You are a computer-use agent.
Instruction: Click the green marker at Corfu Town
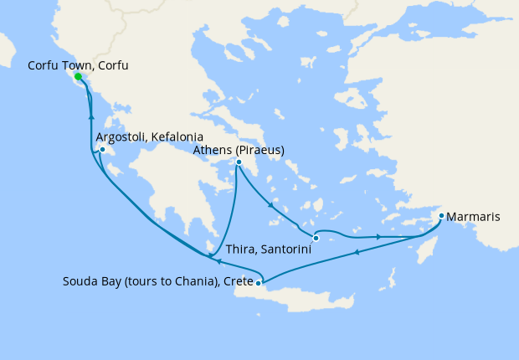pyautogui.click(x=78, y=77)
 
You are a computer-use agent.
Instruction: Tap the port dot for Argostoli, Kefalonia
pyautogui.click(x=102, y=151)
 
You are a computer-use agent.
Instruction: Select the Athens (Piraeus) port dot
pyautogui.click(x=239, y=162)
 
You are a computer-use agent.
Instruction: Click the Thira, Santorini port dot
pyautogui.click(x=316, y=239)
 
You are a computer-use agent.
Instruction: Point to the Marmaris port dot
pyautogui.click(x=441, y=216)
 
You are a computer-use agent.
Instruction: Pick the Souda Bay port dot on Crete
pyautogui.click(x=259, y=283)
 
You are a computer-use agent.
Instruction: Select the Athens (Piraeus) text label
pyautogui.click(x=239, y=150)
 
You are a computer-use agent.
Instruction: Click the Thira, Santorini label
pyautogui.click(x=268, y=250)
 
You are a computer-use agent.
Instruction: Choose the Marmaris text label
pyautogui.click(x=474, y=217)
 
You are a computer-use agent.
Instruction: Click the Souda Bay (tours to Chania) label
pyautogui.click(x=157, y=281)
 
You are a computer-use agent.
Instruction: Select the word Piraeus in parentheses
pyautogui.click(x=259, y=150)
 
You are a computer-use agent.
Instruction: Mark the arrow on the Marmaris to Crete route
pyautogui.click(x=357, y=252)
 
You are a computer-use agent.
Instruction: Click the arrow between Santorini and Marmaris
pyautogui.click(x=379, y=237)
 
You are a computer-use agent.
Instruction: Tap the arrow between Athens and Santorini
pyautogui.click(x=270, y=204)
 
